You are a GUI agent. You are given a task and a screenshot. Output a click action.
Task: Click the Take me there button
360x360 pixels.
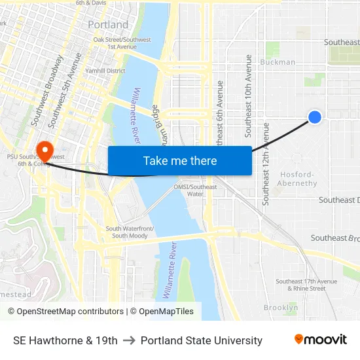180,161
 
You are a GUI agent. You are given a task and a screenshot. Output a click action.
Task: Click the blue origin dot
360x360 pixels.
315,117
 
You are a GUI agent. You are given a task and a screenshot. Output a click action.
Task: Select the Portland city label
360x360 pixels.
108,25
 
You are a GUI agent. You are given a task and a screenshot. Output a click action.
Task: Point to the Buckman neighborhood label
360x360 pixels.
278,62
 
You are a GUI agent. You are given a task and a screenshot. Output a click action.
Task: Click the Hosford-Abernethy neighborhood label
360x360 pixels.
298,179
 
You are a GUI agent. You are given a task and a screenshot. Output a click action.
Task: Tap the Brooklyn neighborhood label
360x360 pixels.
281,307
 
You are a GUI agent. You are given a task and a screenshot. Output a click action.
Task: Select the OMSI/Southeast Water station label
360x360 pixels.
195,190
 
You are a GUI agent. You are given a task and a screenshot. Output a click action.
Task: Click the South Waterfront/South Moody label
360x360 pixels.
130,232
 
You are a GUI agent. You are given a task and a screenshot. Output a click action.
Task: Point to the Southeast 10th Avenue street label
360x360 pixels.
249,96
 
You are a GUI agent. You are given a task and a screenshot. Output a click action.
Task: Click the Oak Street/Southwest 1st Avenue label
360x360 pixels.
115,43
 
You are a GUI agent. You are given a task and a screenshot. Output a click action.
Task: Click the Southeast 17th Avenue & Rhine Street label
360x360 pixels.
306,285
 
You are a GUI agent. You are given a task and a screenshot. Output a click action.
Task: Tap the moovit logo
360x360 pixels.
321,340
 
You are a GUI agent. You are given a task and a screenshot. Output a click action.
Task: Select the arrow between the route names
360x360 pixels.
129,340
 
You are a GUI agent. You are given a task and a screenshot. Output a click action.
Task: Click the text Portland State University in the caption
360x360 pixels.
202,340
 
